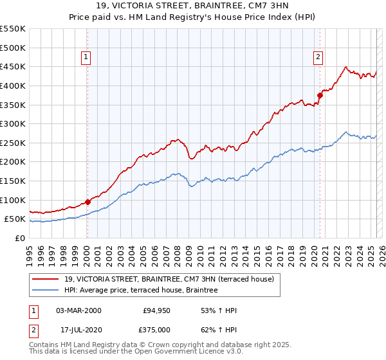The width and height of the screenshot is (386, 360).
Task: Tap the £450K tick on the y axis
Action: [x=13, y=66]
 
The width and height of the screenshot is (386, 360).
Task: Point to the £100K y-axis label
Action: [x=13, y=200]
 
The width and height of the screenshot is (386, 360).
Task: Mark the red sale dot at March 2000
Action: [x=87, y=202]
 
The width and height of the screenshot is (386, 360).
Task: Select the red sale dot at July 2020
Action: [x=320, y=95]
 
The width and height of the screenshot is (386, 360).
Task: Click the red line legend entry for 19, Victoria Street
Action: [x=169, y=278]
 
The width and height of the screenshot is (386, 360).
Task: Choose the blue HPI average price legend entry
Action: [x=141, y=290]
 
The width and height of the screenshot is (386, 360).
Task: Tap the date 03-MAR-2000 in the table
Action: [x=78, y=311]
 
